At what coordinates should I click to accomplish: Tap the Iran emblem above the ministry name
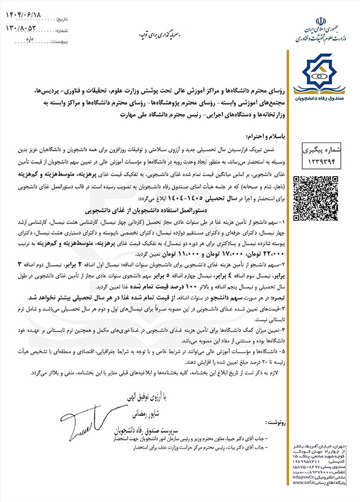(322, 18)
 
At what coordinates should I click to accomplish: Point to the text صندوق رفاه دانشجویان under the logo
(322, 97)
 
